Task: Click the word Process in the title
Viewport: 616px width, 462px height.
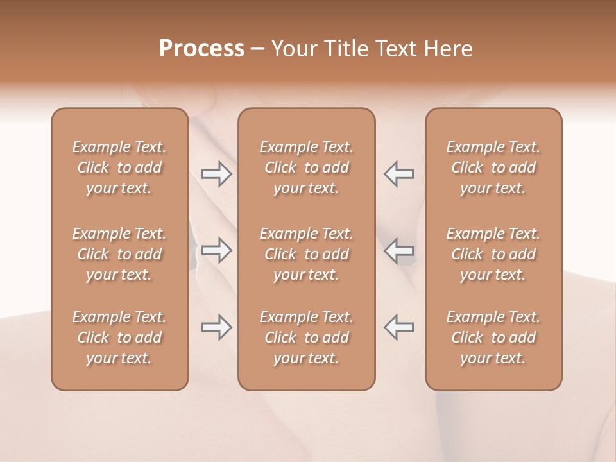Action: click(201, 49)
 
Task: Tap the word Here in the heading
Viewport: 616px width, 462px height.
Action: click(449, 49)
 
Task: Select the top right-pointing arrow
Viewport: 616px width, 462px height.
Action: click(217, 174)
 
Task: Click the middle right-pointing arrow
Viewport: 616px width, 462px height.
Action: click(217, 250)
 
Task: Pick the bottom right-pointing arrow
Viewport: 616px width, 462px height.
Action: click(217, 327)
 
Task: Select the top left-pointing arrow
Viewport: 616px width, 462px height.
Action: click(399, 174)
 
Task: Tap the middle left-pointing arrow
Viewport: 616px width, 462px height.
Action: click(399, 250)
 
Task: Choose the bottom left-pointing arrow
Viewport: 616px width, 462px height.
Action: click(399, 327)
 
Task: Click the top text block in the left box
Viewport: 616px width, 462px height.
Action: click(119, 167)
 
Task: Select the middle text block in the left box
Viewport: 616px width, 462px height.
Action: click(119, 254)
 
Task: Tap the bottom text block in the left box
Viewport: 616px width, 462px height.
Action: click(119, 338)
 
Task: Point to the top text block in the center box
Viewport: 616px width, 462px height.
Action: click(307, 167)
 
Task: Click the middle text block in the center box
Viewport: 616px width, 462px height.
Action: click(307, 254)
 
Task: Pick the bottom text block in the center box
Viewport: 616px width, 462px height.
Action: click(307, 338)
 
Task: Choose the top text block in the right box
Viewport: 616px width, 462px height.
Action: click(493, 167)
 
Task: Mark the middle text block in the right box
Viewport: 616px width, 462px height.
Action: click(493, 254)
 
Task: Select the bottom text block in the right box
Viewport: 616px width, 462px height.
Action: click(493, 338)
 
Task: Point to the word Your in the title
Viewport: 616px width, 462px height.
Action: click(295, 49)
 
